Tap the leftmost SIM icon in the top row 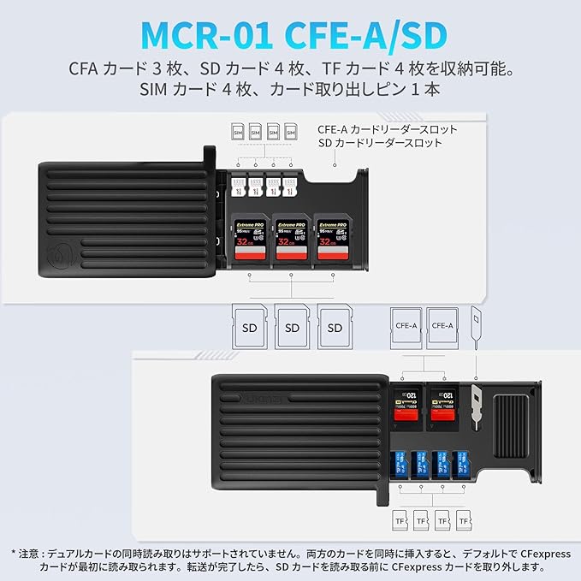coord(238,133)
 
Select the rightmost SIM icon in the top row coord(291,133)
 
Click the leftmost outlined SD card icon coord(250,327)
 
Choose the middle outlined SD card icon coord(293,327)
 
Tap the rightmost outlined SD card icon coord(335,327)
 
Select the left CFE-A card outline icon coord(406,326)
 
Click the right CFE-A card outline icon coord(443,326)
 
